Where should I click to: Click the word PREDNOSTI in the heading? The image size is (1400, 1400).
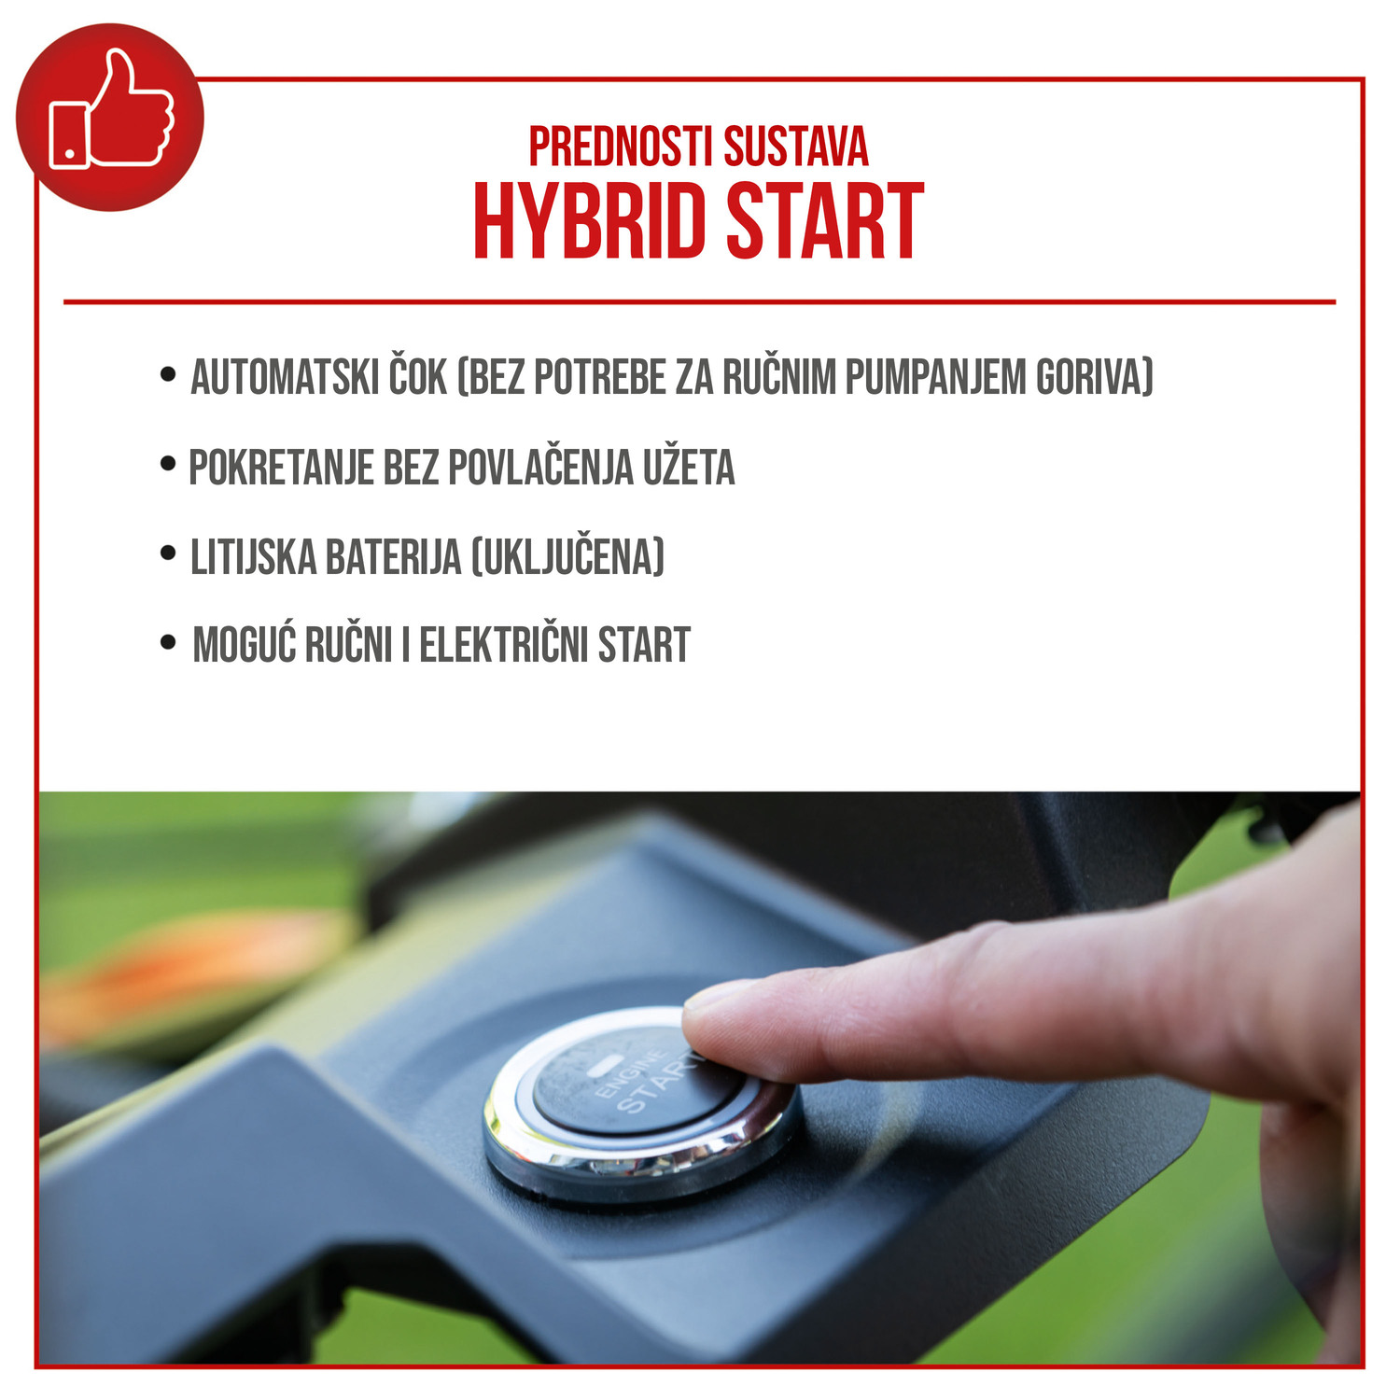[x=621, y=147]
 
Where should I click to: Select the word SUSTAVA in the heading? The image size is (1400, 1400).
[x=796, y=147]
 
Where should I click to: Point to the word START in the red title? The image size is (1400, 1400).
[x=825, y=221]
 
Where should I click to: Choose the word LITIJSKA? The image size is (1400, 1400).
[x=253, y=557]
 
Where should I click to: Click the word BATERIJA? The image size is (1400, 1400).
[x=393, y=557]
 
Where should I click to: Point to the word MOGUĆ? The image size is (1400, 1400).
[x=244, y=643]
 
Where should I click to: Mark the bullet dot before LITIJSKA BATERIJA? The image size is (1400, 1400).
[x=168, y=553]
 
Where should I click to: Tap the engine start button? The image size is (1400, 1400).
[x=625, y=1083]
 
